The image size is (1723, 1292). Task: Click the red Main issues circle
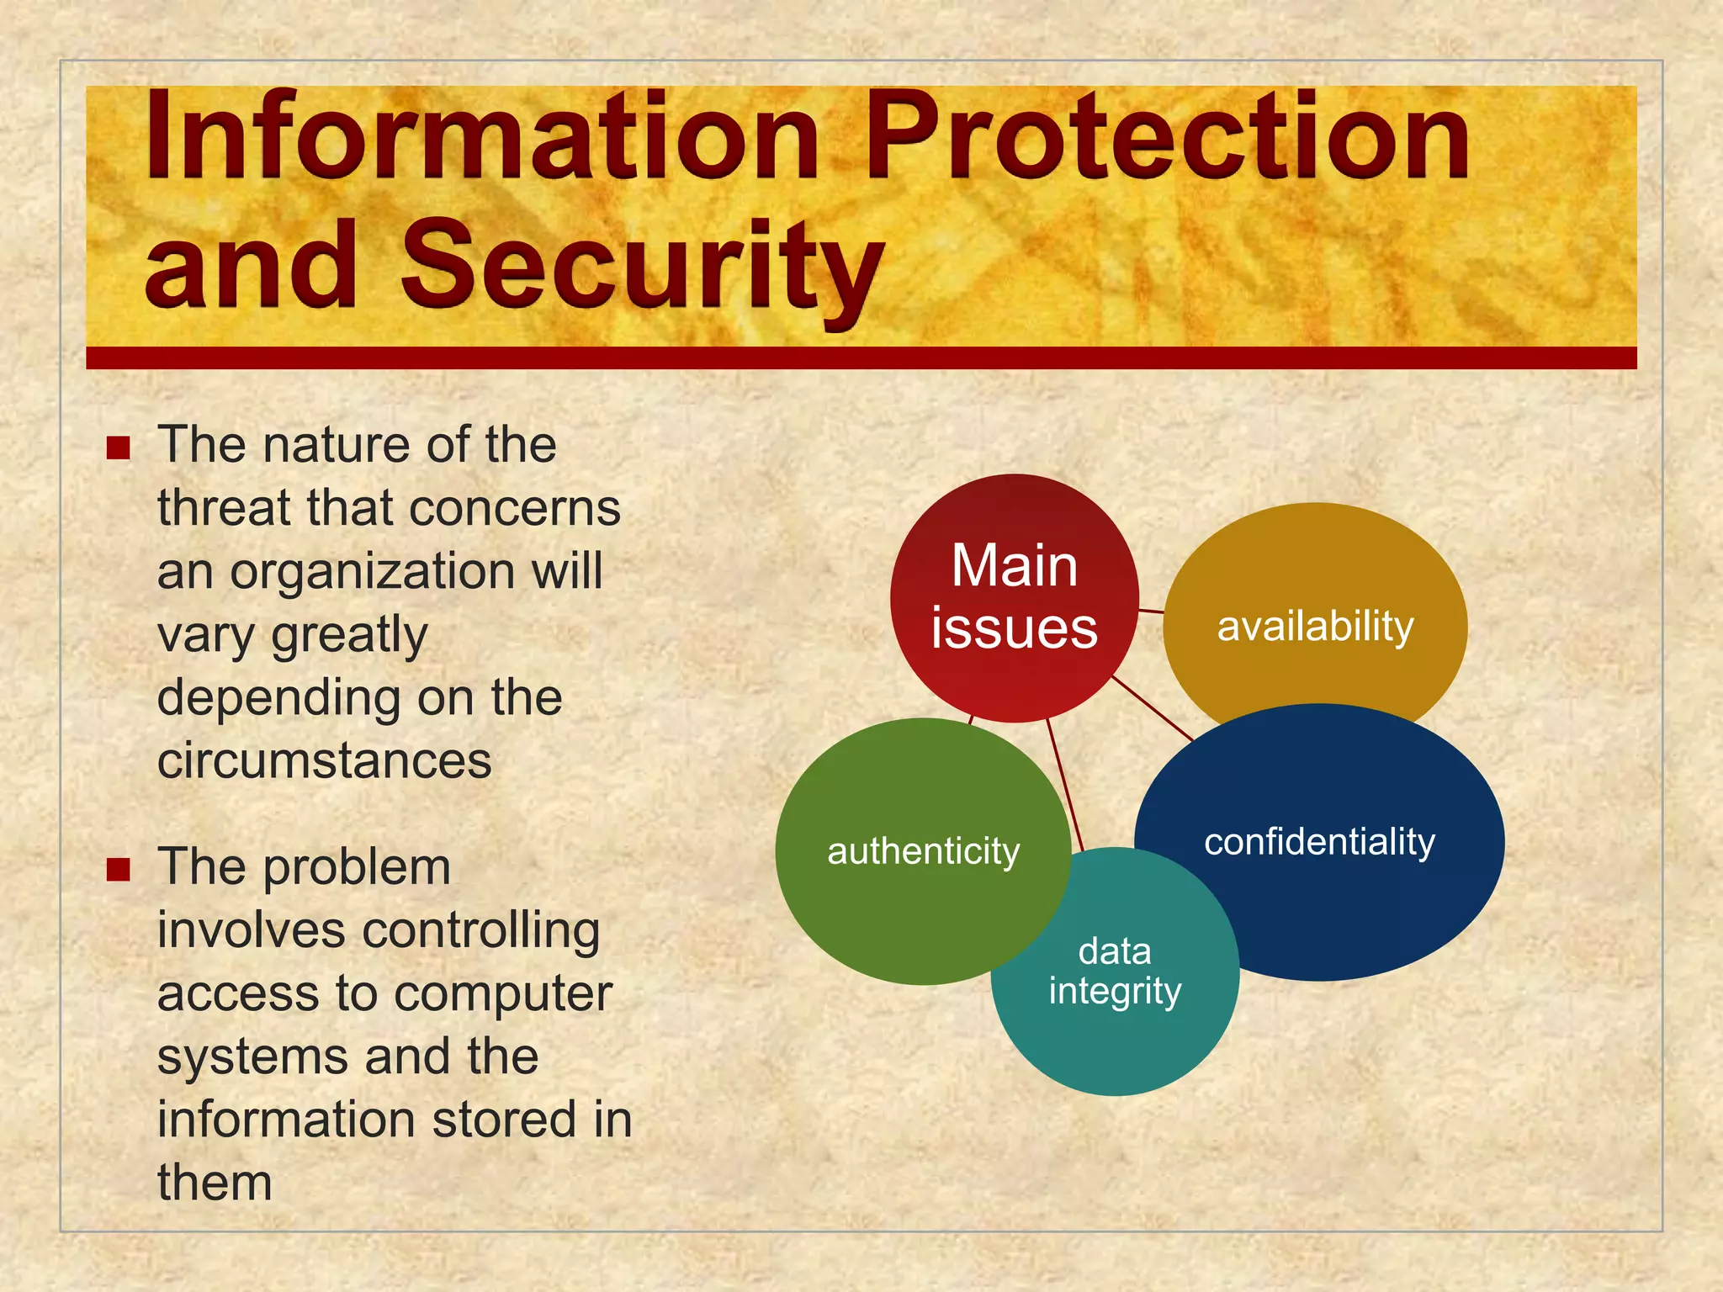click(1014, 597)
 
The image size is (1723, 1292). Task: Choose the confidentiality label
click(1319, 842)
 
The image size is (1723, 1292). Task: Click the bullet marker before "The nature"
click(119, 447)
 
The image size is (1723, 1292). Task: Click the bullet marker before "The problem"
click(119, 869)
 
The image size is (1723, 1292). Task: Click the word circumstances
click(324, 761)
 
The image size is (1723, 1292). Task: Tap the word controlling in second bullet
click(480, 931)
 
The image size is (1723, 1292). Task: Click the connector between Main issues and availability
click(1151, 611)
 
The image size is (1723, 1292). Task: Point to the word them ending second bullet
click(215, 1183)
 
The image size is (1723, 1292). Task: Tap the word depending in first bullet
click(278, 698)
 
